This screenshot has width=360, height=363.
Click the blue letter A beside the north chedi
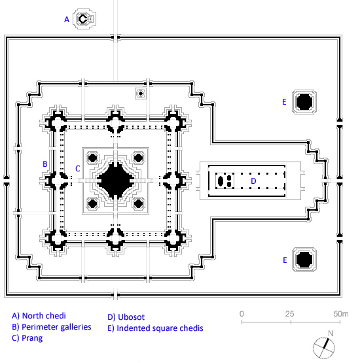pos(67,20)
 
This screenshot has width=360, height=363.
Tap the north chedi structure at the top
pos(84,19)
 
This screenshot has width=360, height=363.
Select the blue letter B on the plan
pos(45,164)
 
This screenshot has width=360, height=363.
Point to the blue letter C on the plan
pos(78,169)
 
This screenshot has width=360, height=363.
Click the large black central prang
pos(115,181)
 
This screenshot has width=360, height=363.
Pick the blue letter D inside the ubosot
pos(254,181)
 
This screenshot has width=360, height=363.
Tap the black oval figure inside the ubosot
pos(221,181)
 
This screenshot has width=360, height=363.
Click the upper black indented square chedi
pos(304,102)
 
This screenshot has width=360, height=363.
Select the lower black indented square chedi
pos(304,259)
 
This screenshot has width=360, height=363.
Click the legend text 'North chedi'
pos(44,316)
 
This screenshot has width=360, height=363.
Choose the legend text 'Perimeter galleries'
pos(56,327)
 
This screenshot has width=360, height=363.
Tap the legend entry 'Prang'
pos(32,338)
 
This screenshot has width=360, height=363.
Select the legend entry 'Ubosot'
pos(131,317)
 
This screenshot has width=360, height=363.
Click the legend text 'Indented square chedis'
pos(160,328)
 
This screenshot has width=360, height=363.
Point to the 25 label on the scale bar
pos(289,314)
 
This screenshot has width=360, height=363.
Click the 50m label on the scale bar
pos(341,314)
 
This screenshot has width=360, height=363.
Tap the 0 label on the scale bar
pos(242,314)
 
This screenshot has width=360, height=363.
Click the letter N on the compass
pos(331,334)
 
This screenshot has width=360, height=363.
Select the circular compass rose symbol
pos(324,348)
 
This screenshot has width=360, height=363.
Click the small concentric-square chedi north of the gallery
pos(141,94)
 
